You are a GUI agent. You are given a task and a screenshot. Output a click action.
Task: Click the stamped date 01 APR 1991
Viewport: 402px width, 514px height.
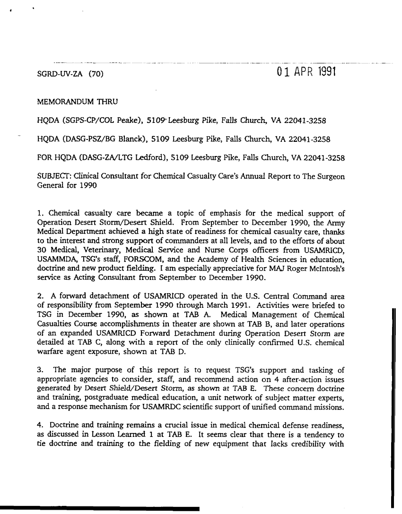tap(306, 73)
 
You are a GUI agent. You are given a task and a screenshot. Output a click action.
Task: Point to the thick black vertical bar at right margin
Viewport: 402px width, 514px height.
tap(392, 407)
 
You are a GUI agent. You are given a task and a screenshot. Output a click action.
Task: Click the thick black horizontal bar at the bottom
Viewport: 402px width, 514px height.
tap(100, 508)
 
